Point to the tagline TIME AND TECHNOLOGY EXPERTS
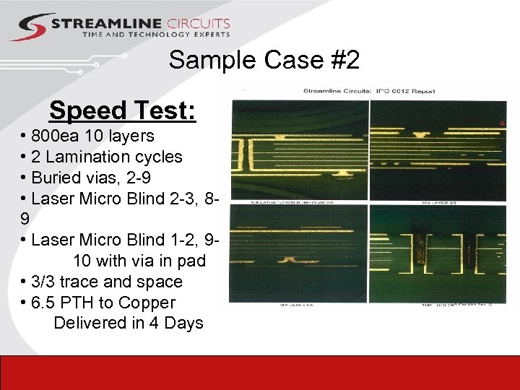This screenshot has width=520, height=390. click(156, 35)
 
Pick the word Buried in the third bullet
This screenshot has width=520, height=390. click(55, 178)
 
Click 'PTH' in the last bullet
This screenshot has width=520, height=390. click(78, 303)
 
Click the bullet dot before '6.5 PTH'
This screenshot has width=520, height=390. click(25, 303)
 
